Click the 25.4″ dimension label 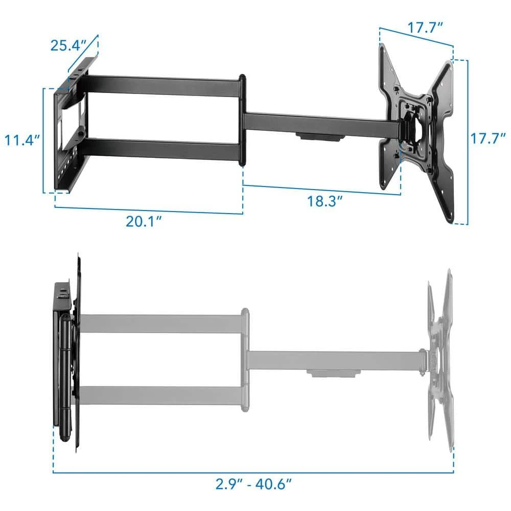(x=69, y=45)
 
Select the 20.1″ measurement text (x=145, y=221)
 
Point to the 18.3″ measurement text (x=324, y=200)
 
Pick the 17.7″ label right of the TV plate (x=488, y=140)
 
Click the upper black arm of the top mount (x=164, y=85)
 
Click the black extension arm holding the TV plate (x=317, y=123)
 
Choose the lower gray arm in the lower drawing (x=161, y=395)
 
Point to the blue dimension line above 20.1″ (x=148, y=210)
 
